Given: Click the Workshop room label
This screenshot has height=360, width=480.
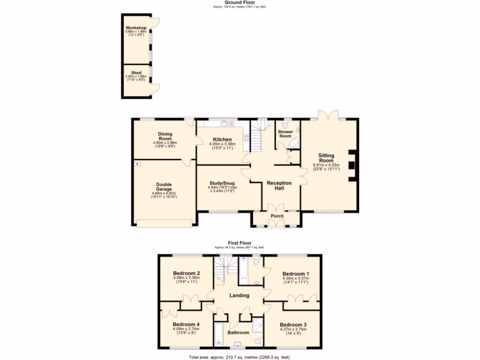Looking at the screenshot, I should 136,28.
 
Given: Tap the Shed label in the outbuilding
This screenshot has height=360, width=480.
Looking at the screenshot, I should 136,73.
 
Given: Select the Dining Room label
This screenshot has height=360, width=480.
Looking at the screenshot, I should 165,136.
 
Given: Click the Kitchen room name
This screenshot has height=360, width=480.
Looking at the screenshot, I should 222,140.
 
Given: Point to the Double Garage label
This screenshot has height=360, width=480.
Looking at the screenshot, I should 164,187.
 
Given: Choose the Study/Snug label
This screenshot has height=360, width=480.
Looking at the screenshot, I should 222,183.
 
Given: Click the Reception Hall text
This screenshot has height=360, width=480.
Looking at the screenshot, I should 279,186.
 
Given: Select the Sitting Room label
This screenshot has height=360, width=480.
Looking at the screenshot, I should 326,157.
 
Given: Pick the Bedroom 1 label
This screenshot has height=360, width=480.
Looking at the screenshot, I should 295,273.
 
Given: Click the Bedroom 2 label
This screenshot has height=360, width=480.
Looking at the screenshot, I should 187,273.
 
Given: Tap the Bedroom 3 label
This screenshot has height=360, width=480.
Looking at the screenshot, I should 293,324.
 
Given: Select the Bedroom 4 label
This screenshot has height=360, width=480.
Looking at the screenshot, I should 186,324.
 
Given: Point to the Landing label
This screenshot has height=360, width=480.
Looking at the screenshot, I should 239,295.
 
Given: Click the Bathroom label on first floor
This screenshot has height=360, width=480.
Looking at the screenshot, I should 238,333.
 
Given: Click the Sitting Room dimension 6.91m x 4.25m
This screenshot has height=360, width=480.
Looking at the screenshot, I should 326,165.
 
